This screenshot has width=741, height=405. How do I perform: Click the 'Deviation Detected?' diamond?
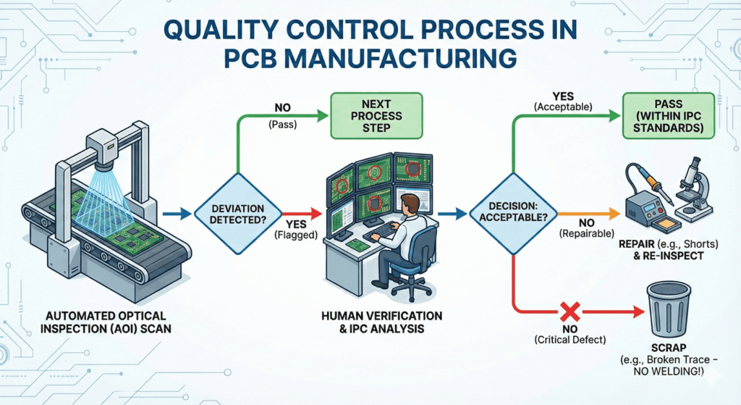(238, 214)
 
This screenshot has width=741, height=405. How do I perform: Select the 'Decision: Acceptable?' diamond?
(514, 214)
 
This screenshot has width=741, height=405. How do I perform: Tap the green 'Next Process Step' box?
(376, 116)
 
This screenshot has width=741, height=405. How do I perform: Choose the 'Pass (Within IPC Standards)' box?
(668, 116)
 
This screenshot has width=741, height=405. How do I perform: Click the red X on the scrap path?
(570, 312)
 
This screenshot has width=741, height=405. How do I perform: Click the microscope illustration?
(694, 187)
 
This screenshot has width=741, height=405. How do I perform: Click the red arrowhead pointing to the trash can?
(639, 312)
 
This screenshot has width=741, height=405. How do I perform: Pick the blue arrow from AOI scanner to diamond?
(177, 214)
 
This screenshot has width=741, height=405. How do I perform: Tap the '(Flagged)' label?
(296, 235)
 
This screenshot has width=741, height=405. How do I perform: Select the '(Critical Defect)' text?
(570, 340)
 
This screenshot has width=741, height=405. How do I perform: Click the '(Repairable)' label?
(586, 233)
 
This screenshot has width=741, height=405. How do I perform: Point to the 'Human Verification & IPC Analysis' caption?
(382, 322)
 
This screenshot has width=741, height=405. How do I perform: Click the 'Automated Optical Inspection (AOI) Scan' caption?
(106, 322)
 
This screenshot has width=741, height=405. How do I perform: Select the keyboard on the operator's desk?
(386, 230)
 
